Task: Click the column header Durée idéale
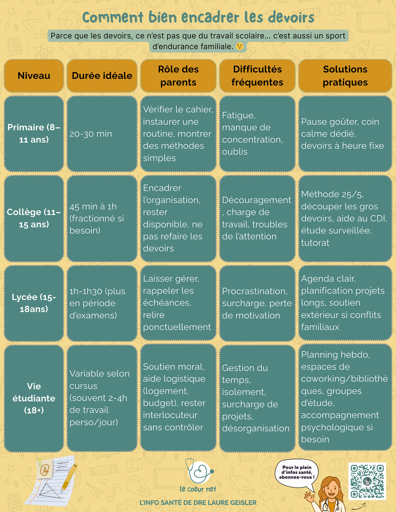pyautogui.click(x=102, y=76)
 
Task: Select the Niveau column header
pyautogui.click(x=34, y=76)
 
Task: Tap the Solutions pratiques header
pyautogui.click(x=345, y=76)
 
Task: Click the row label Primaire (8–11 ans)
pyautogui.click(x=34, y=133)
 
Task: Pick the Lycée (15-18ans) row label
pyautogui.click(x=34, y=303)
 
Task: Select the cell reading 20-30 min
pyautogui.click(x=102, y=134)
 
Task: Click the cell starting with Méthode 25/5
pyautogui.click(x=345, y=218)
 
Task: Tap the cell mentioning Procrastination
pyautogui.click(x=257, y=303)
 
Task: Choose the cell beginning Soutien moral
pyautogui.click(x=178, y=397)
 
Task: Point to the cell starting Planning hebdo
pyautogui.click(x=345, y=397)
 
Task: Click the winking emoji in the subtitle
pyautogui.click(x=240, y=46)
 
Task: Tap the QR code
pyautogui.click(x=367, y=481)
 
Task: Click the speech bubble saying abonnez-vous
pyautogui.click(x=297, y=472)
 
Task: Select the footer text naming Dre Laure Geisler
pyautogui.click(x=198, y=502)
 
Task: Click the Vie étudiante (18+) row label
pyautogui.click(x=34, y=398)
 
